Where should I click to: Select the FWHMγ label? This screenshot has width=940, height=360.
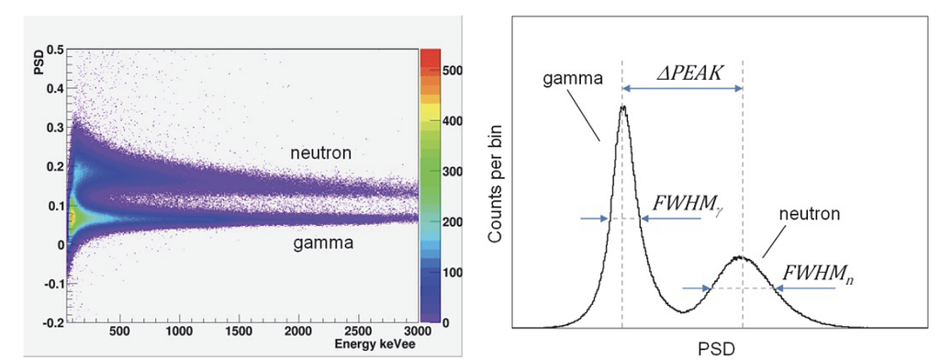click(x=685, y=203)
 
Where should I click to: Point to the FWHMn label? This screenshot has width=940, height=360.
click(x=812, y=274)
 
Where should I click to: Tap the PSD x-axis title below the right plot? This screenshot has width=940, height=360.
click(x=716, y=347)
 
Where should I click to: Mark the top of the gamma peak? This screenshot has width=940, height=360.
click(x=623, y=107)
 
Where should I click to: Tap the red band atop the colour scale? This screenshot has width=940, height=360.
click(x=431, y=55)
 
